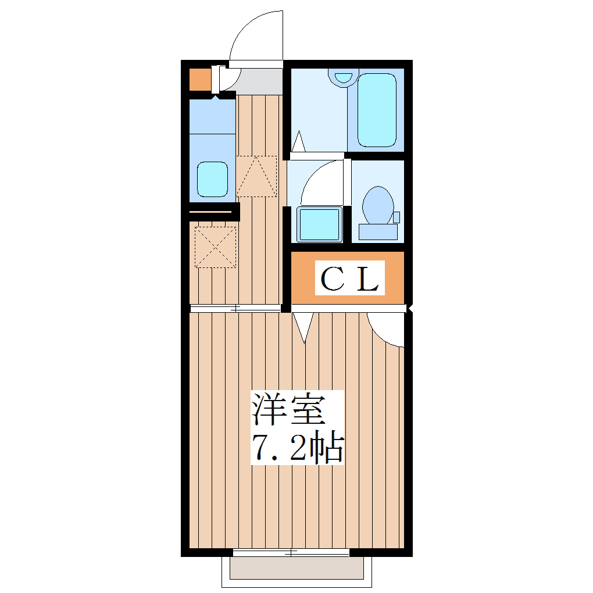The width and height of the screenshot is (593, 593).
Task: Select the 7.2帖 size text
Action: (x=298, y=446)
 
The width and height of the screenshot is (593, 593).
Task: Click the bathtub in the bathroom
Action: (x=376, y=110)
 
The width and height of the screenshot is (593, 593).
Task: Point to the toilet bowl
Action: (x=378, y=205)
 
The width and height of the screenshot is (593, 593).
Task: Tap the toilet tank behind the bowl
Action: (x=378, y=232)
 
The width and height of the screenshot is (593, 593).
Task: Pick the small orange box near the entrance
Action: (x=199, y=80)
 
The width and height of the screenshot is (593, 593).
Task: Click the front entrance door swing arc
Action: (x=256, y=36)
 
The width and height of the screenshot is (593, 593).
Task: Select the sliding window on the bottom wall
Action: (x=291, y=551)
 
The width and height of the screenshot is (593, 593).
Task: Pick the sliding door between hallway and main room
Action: (x=235, y=308)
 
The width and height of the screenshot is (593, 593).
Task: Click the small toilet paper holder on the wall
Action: (x=396, y=217)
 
